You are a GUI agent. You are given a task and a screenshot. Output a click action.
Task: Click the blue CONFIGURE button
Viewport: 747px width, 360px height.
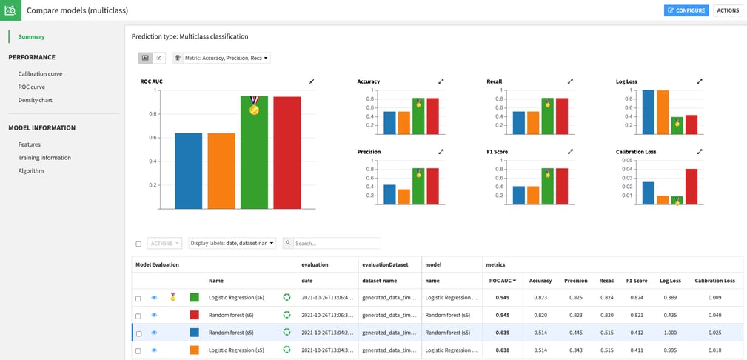tap(686, 10)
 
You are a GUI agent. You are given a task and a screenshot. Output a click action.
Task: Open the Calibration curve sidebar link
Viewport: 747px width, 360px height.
tap(40, 74)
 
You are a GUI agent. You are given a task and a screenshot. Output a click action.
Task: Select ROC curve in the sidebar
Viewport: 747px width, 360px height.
tap(31, 87)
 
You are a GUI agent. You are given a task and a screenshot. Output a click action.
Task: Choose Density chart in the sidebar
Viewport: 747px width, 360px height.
tap(35, 100)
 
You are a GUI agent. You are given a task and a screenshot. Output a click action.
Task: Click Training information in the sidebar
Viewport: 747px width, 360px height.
tap(44, 158)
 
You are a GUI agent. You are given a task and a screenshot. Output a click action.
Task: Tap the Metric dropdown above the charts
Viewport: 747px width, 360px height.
tap(221, 58)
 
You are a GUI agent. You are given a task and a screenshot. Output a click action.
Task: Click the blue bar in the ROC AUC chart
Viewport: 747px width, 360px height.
tap(188, 170)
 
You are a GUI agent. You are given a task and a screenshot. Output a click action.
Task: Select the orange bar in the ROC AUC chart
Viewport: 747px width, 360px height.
tap(221, 170)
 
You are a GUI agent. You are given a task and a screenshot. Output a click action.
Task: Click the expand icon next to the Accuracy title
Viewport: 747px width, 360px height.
tap(441, 81)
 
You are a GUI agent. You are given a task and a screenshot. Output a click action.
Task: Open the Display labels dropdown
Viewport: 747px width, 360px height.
tap(232, 243)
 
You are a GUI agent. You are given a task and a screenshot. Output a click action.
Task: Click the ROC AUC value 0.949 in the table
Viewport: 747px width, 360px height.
tap(503, 298)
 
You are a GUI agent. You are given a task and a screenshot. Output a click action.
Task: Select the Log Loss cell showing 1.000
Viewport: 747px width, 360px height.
tap(669, 333)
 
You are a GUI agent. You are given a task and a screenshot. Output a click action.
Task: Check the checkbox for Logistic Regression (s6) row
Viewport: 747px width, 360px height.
tap(138, 299)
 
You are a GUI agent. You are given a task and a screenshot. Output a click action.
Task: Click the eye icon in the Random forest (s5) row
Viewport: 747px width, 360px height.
tap(154, 333)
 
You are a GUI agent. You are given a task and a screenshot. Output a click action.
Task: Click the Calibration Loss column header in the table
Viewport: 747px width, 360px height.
tap(714, 281)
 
